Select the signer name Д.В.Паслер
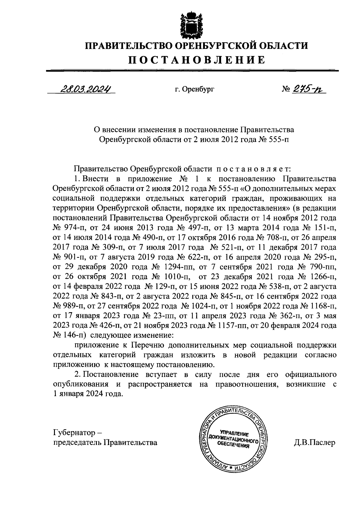click(x=315, y=443)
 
